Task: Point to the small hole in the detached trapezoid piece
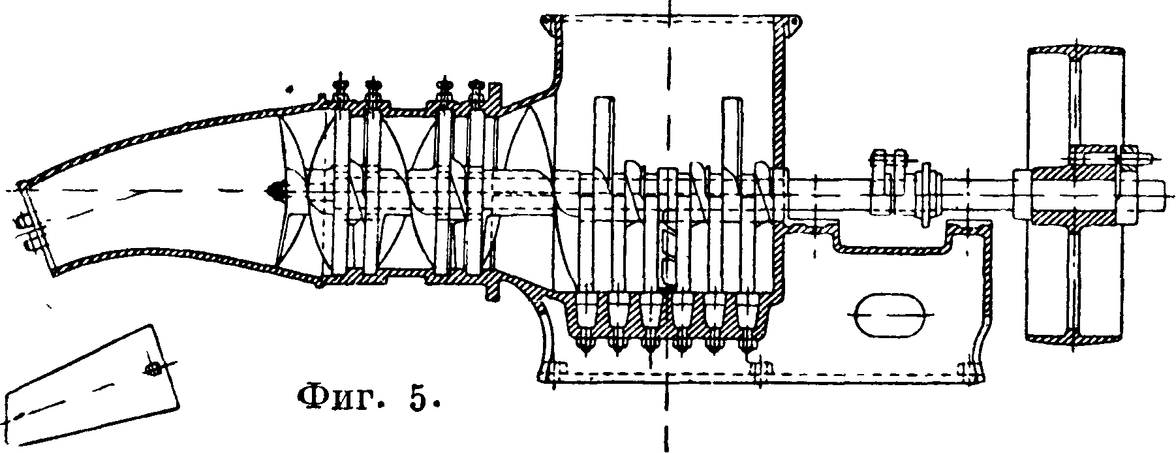[153, 369]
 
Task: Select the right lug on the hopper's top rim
[794, 23]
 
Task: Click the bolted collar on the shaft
[884, 183]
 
